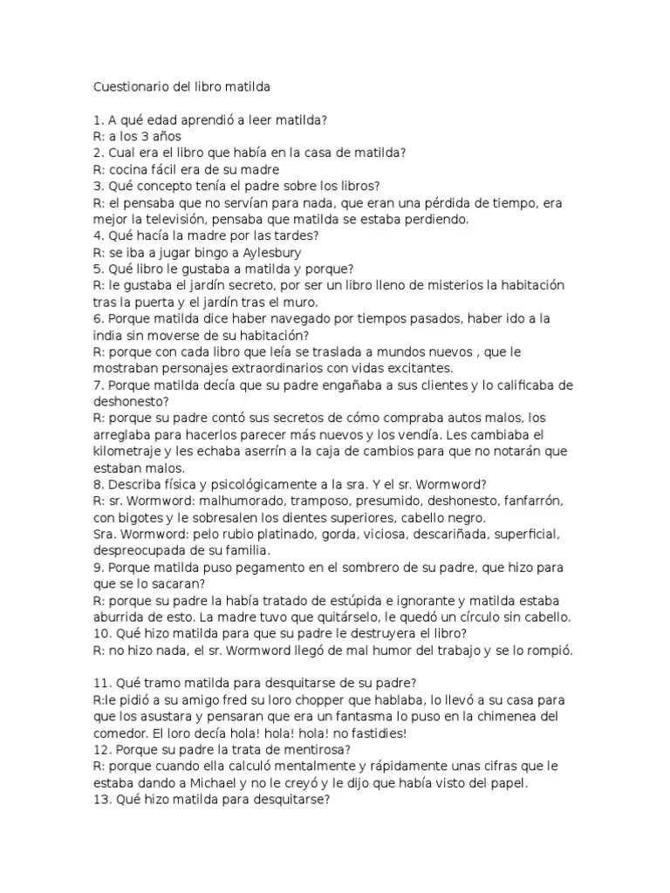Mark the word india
[110, 335]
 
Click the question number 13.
[100, 799]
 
